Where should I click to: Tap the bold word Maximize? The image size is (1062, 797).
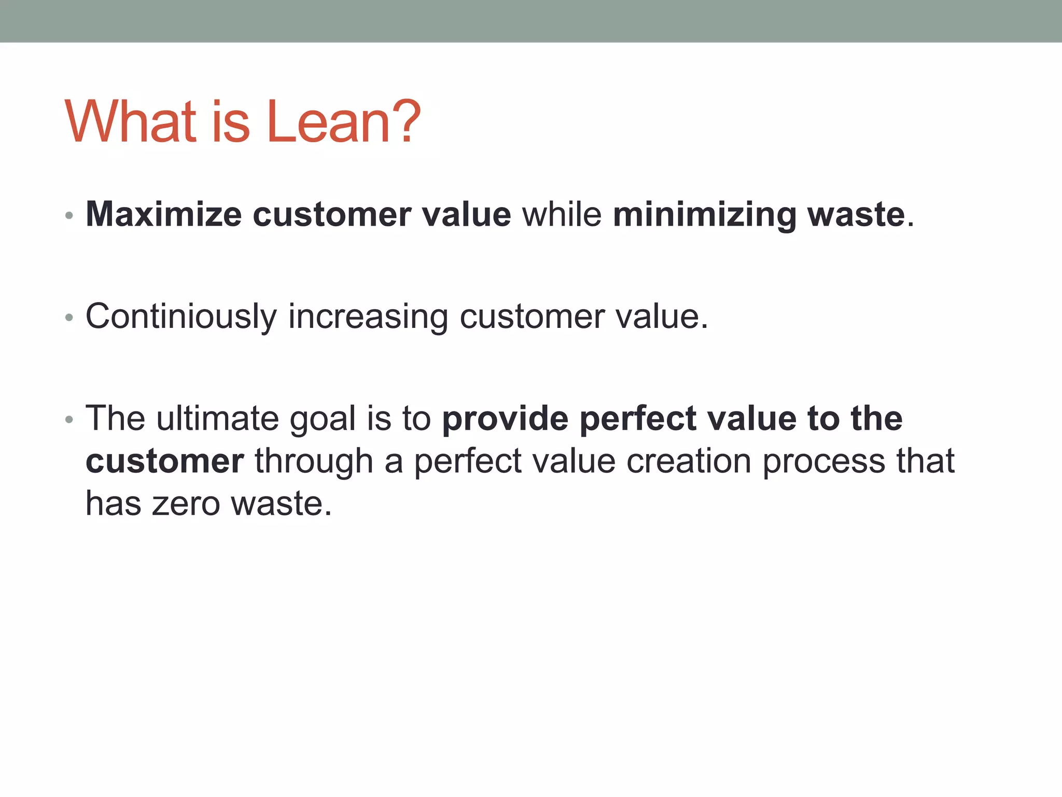163,214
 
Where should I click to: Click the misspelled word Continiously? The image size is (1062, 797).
181,317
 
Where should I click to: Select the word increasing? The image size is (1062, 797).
368,317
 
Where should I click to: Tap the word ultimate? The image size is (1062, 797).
218,418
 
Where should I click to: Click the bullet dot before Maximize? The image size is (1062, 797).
69,215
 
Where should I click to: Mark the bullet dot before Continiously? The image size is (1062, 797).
69,318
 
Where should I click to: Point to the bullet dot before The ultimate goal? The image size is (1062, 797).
69,419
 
